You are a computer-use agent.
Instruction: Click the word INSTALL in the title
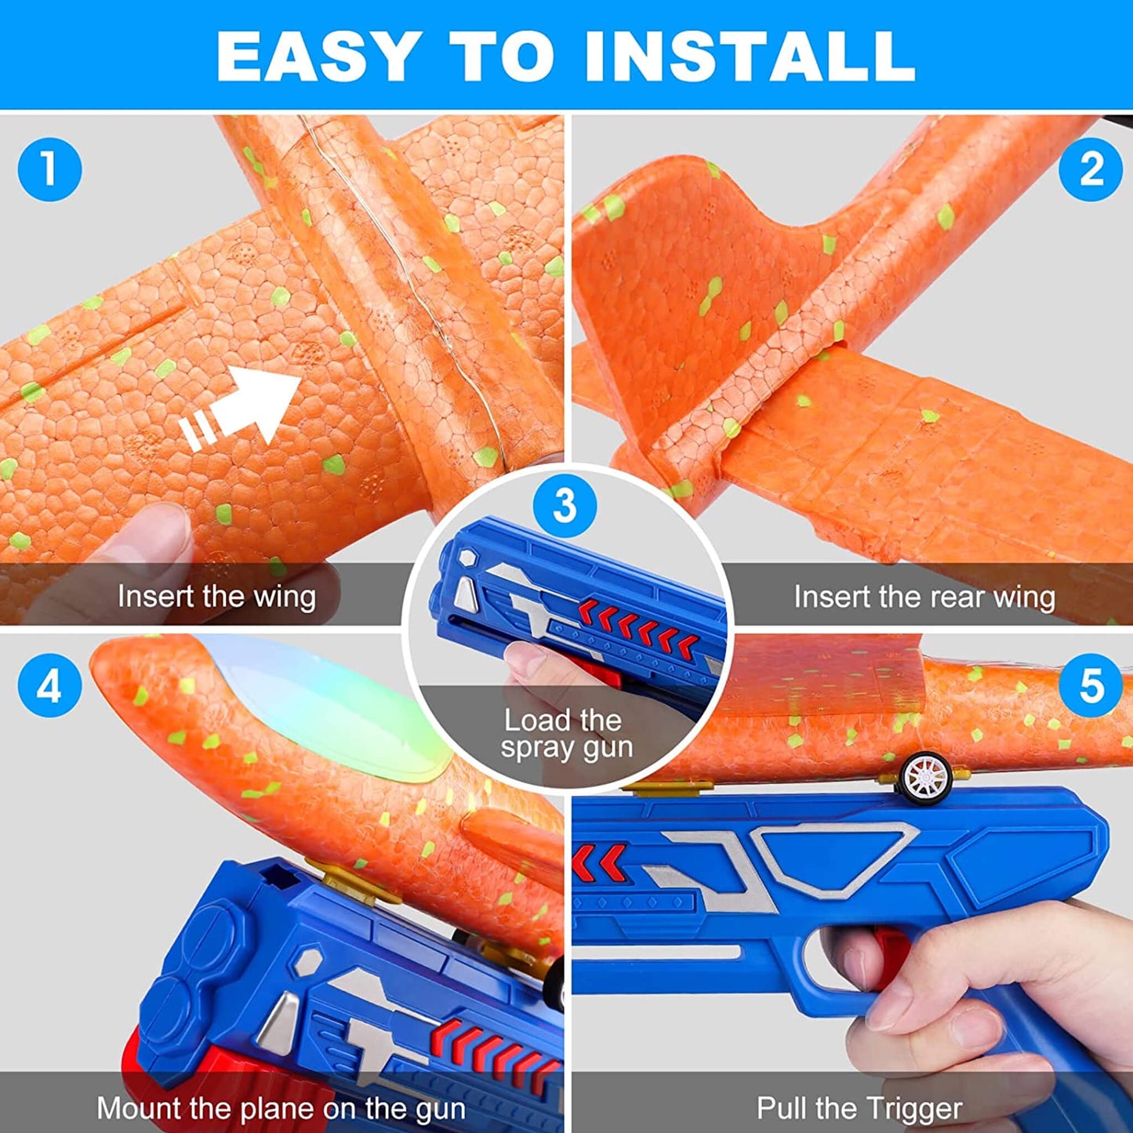(x=750, y=56)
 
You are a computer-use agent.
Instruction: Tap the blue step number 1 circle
(x=49, y=169)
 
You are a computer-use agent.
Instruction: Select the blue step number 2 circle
(x=1091, y=169)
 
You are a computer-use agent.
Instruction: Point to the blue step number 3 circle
(x=565, y=506)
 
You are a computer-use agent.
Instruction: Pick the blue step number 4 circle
(x=49, y=686)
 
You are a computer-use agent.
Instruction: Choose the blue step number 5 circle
(x=1091, y=686)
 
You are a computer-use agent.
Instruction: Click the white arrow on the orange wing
(x=243, y=408)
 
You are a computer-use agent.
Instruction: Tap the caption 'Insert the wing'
(x=216, y=597)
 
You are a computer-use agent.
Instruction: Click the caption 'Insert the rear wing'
(x=924, y=597)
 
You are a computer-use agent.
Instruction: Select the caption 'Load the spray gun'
(x=565, y=734)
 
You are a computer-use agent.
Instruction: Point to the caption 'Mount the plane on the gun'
(x=281, y=1109)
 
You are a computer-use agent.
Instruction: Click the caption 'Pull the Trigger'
(x=859, y=1109)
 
